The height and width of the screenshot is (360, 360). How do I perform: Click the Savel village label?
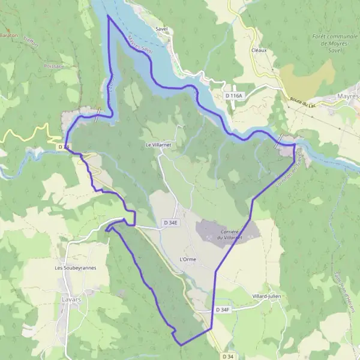click(161, 29)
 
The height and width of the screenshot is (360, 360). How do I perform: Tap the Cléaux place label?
click(259, 50)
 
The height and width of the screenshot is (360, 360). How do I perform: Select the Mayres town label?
click(347, 96)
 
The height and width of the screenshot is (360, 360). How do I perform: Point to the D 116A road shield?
click(233, 96)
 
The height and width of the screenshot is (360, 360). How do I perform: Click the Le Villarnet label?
click(158, 145)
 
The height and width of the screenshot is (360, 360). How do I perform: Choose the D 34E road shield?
click(171, 223)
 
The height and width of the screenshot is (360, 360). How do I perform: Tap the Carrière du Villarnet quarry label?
click(220, 234)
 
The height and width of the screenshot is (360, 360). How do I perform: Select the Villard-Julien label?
click(268, 296)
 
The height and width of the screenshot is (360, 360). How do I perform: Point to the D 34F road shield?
click(223, 310)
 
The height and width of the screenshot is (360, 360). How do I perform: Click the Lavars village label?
click(71, 298)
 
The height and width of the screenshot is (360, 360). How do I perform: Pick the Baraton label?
click(8, 35)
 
